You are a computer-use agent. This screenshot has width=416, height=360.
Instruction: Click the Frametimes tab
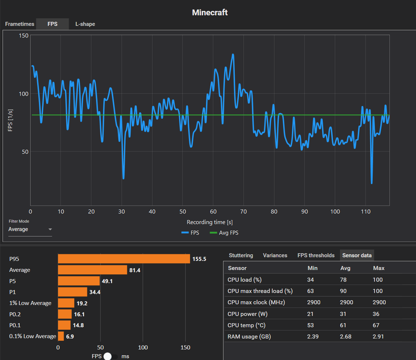(x=20, y=24)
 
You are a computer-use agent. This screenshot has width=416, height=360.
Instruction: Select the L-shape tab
(x=85, y=24)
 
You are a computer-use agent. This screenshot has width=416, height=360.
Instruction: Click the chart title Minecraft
(x=210, y=12)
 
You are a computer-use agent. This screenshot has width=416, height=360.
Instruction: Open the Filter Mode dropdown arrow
(x=50, y=229)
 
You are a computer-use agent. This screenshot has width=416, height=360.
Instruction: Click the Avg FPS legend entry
(x=224, y=233)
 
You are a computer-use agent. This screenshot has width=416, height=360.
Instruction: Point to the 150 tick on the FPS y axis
(x=24, y=36)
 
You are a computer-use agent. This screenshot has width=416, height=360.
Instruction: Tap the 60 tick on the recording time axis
(x=213, y=211)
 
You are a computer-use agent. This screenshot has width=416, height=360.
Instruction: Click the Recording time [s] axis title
(x=210, y=222)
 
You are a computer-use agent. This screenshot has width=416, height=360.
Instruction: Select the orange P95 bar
(x=124, y=259)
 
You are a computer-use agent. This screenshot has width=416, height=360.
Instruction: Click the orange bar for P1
(x=72, y=292)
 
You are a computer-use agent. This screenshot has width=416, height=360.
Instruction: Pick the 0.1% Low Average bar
(x=61, y=336)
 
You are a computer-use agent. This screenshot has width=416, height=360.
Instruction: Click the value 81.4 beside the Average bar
(x=135, y=270)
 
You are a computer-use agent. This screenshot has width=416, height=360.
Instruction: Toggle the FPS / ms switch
(x=111, y=356)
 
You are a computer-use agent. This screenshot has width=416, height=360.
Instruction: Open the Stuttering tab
(x=241, y=255)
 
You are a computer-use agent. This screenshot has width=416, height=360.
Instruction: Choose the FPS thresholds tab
(x=316, y=255)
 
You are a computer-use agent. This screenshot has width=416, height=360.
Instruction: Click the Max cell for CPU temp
(x=376, y=325)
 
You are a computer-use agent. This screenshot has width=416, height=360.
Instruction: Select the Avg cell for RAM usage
(x=346, y=337)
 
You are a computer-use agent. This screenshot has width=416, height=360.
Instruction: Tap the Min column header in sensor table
(x=313, y=268)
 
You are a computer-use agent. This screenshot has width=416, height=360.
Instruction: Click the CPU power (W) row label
(x=247, y=314)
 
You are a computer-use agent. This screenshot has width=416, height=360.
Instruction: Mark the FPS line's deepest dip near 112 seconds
(x=372, y=183)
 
